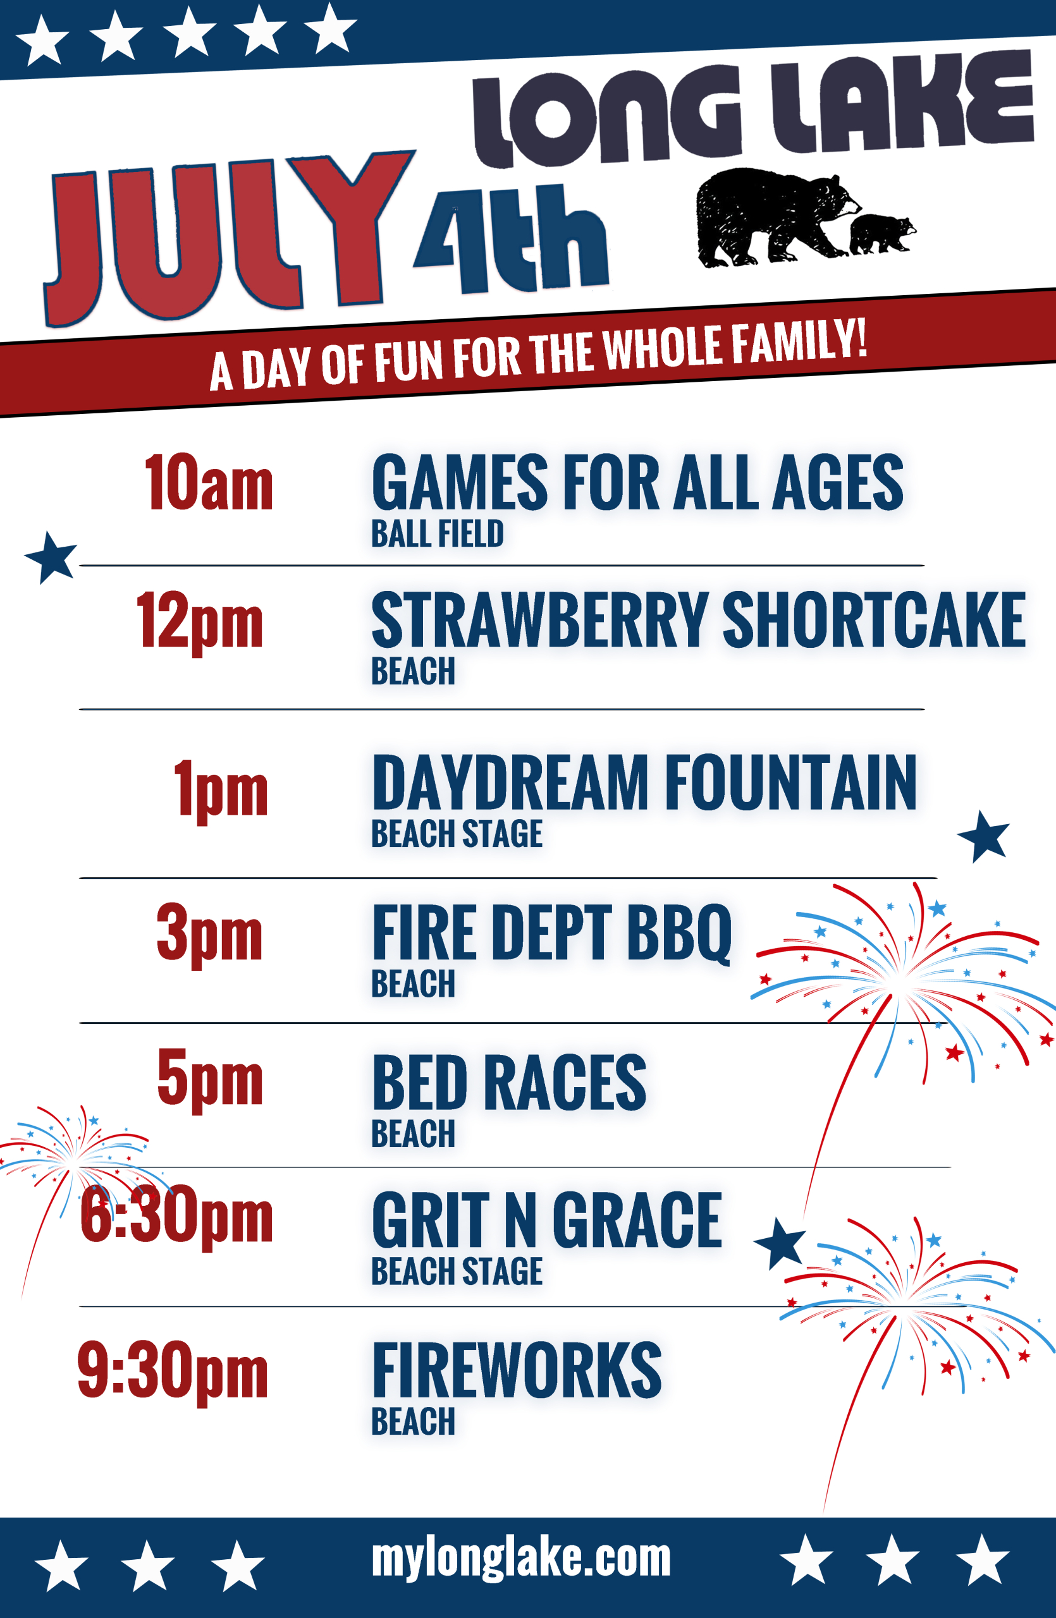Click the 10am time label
(x=208, y=482)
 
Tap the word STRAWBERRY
(x=541, y=619)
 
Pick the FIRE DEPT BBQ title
(x=552, y=934)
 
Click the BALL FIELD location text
(x=437, y=533)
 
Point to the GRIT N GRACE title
(x=548, y=1220)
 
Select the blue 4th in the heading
(x=512, y=240)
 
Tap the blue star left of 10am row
(x=51, y=557)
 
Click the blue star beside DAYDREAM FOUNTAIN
(x=983, y=836)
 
